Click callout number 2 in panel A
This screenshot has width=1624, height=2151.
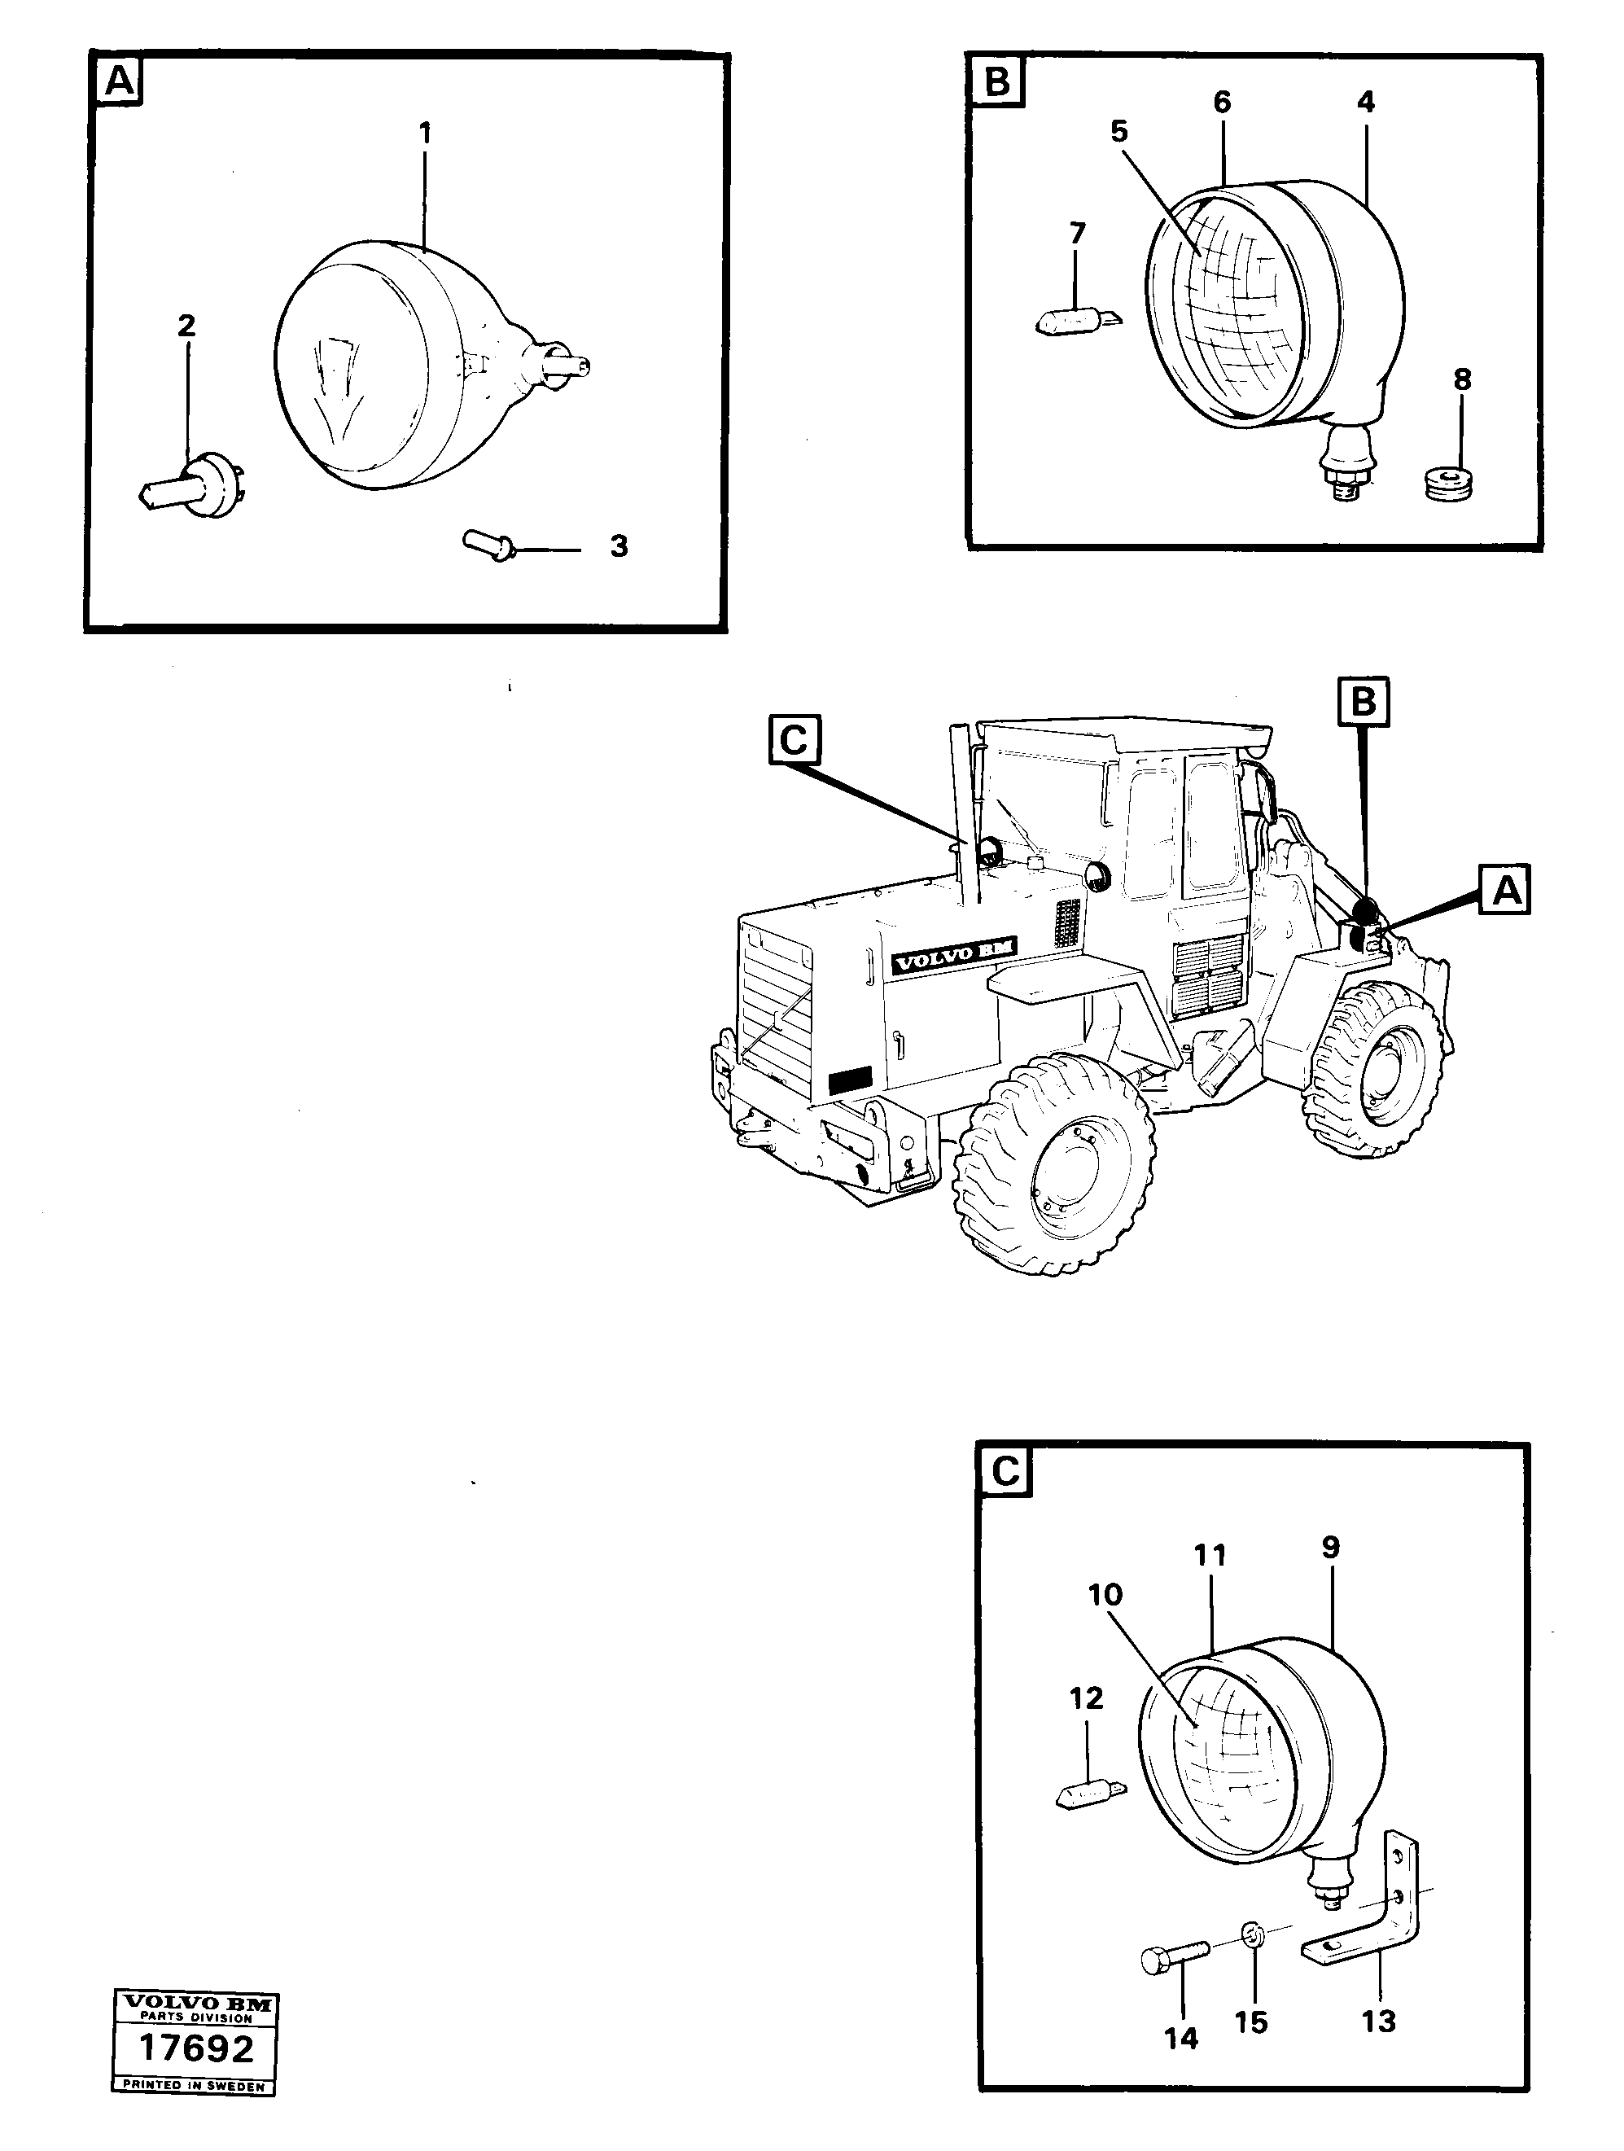[x=186, y=326]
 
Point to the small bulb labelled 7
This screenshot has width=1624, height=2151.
[x=1075, y=319]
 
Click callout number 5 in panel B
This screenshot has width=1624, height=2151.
[x=1118, y=132]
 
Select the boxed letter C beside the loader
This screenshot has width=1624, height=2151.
[x=794, y=741]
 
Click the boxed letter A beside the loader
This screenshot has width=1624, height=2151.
[x=1504, y=890]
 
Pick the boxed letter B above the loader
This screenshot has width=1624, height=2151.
[x=1364, y=701]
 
